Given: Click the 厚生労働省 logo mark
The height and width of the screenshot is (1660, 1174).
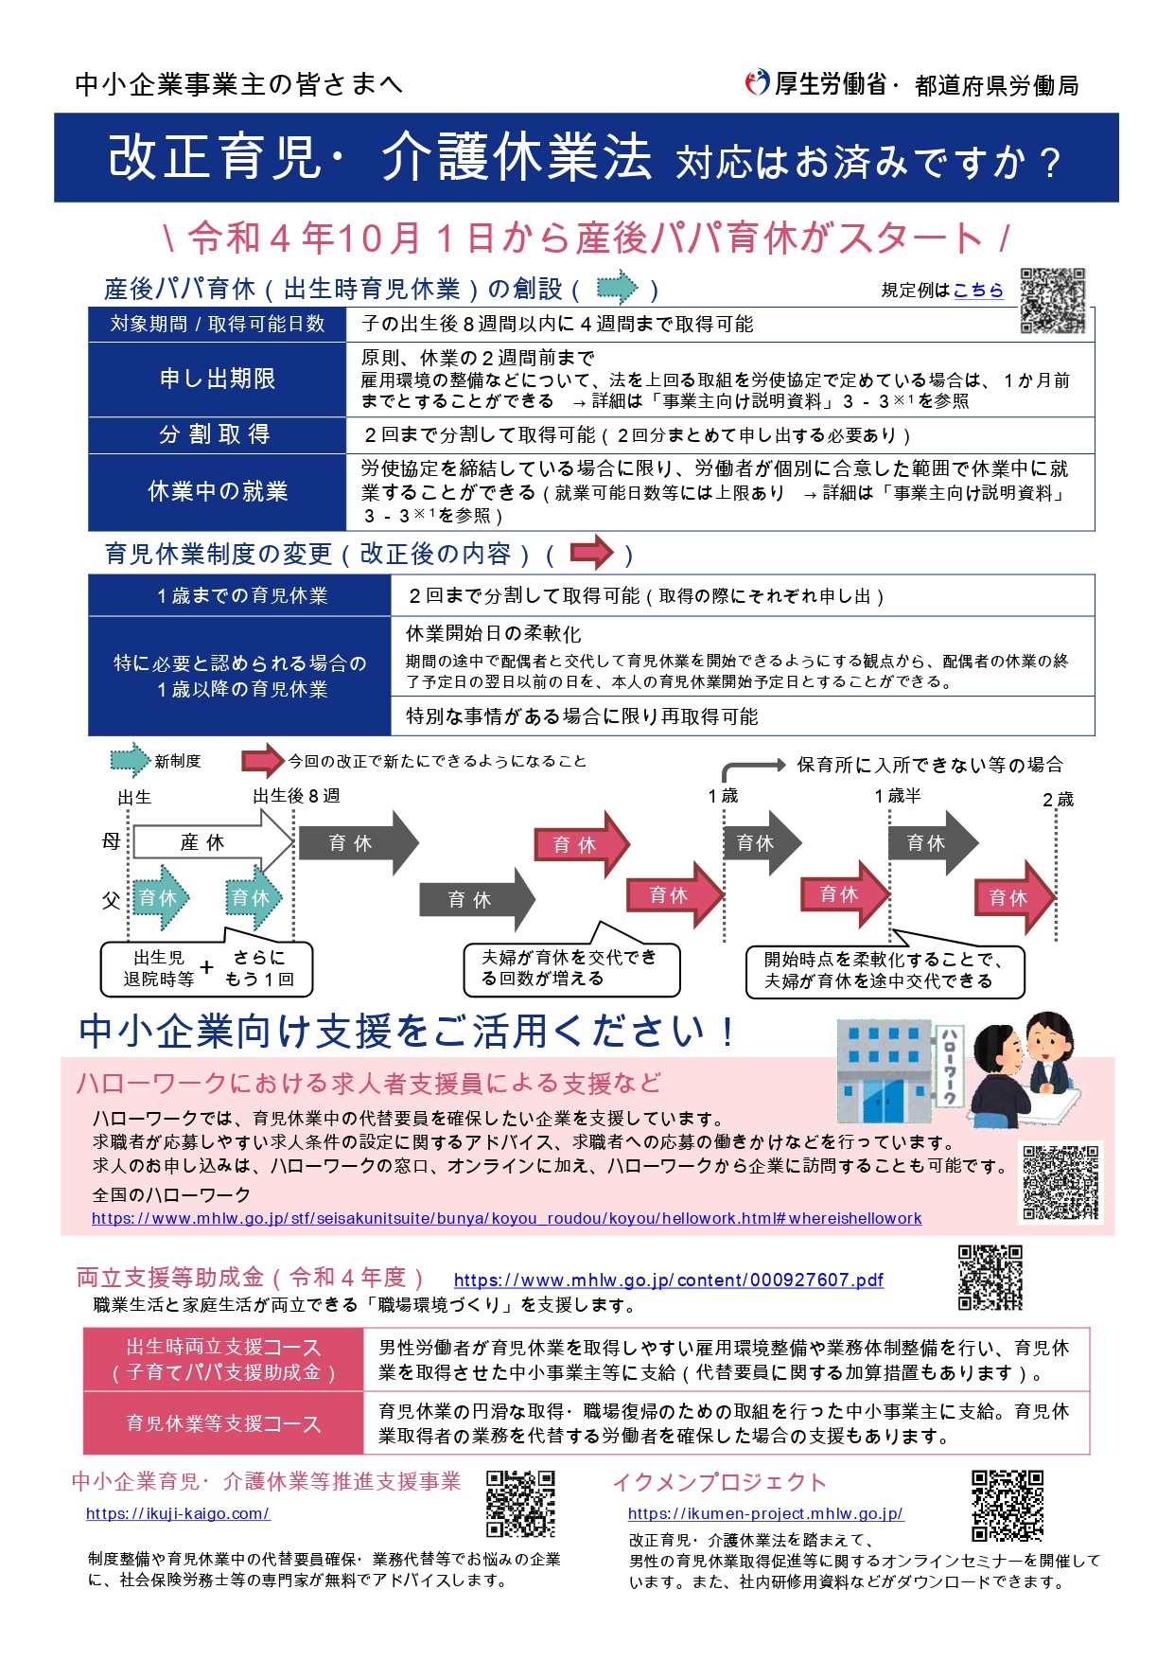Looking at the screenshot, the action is coord(758,83).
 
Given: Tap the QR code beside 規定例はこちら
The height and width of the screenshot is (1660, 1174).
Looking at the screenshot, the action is coord(1053,301).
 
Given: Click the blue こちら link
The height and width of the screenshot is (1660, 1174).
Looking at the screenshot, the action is coord(978,291).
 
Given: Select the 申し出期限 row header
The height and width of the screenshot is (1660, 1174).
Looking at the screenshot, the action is coord(218,379).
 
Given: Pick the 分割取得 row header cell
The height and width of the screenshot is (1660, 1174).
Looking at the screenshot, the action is coord(218,434).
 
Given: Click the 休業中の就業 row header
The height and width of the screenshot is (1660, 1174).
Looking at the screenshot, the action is coord(218,491).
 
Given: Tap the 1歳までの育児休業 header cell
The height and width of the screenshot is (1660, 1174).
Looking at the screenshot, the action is coord(240,595).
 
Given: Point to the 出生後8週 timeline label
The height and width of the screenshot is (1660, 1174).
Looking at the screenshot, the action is coord(297,796).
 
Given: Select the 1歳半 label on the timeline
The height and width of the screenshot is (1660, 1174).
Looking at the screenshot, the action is coord(897,796).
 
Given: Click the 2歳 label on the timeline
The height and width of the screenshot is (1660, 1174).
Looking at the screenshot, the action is coord(1058,800).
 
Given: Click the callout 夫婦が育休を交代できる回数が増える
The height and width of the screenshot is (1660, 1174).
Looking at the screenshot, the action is coord(570,968).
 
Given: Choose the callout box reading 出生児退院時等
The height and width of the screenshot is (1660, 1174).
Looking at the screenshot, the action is coord(206,968).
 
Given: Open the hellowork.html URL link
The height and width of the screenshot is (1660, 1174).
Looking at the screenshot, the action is coord(506,1219).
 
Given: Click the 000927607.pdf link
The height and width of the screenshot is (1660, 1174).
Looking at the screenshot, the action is coord(669,1280).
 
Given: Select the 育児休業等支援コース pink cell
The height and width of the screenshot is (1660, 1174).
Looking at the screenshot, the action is coord(224,1423).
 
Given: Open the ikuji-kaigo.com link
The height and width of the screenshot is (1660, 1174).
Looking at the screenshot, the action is coord(178,1513).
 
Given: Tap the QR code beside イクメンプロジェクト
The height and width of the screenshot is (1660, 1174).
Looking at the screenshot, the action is coord(1008,1506).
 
